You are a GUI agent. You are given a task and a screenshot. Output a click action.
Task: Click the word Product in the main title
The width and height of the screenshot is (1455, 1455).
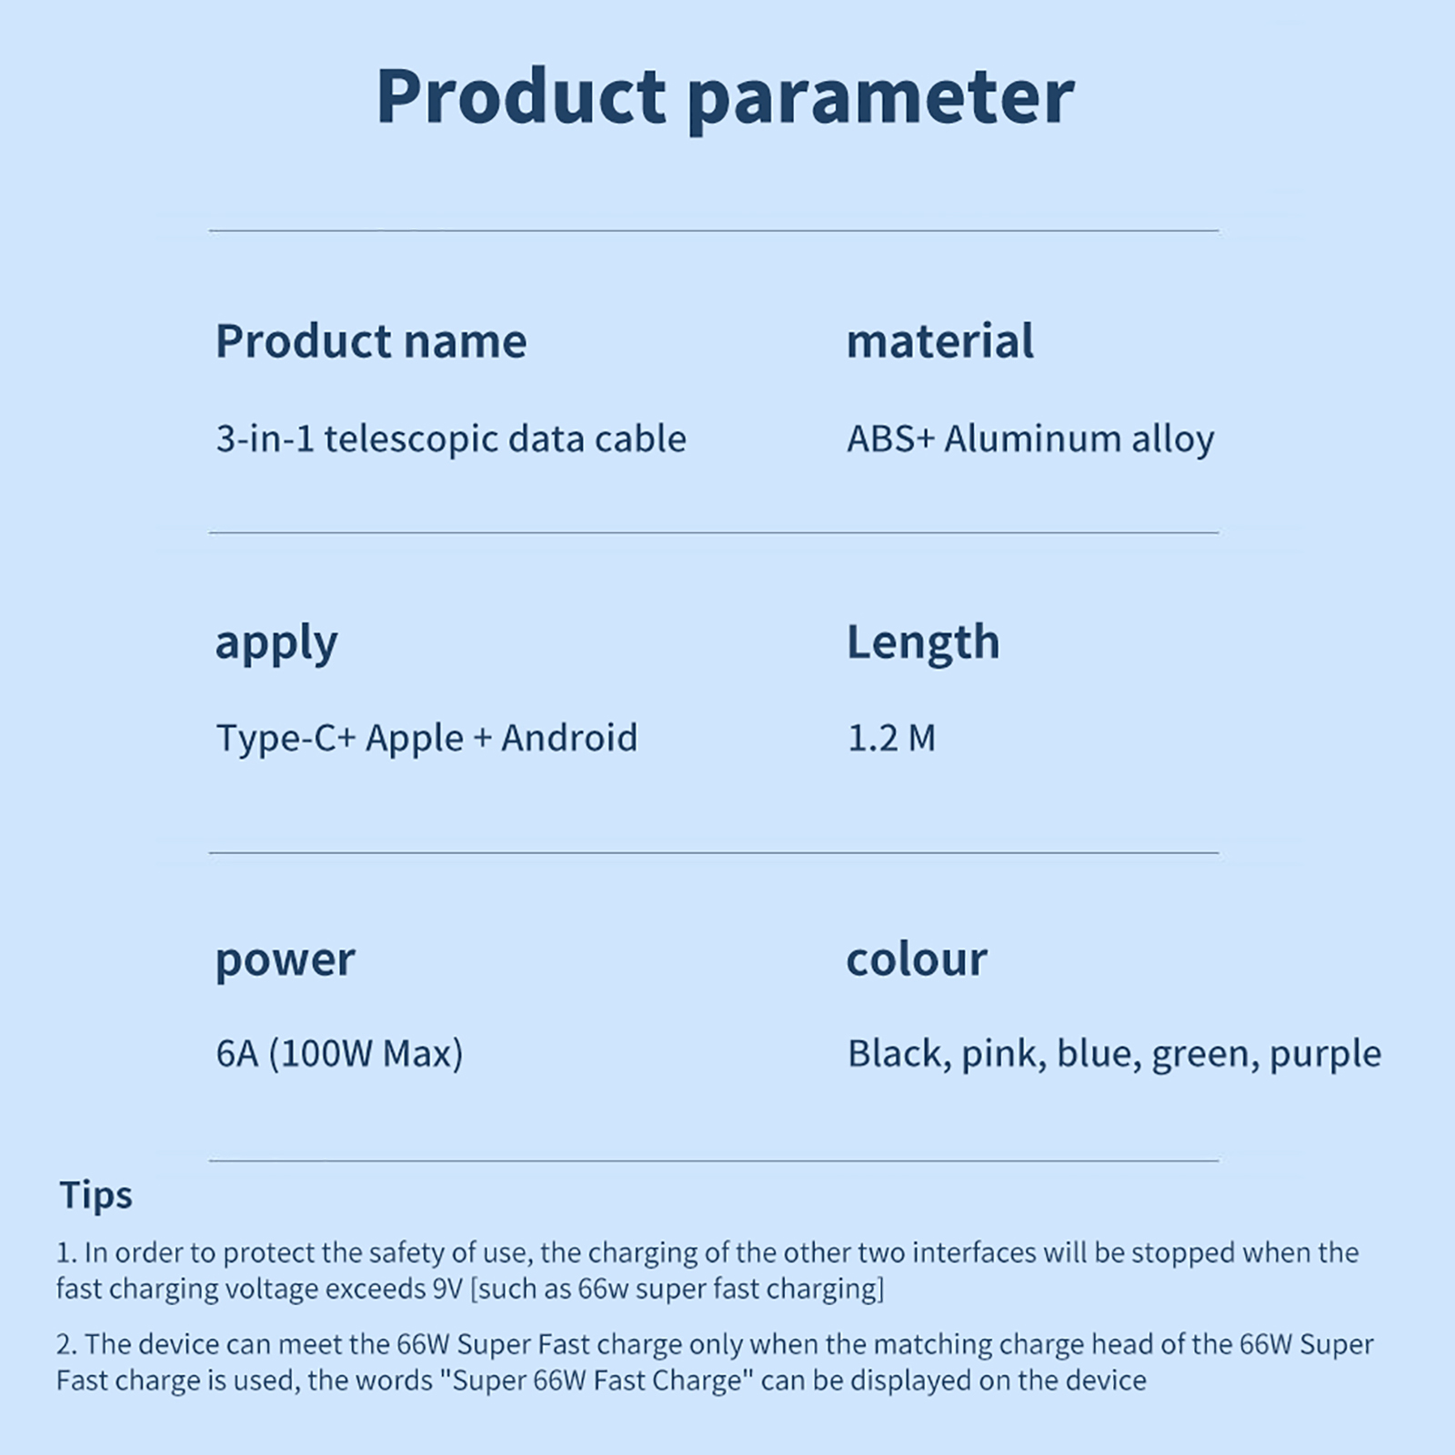(522, 95)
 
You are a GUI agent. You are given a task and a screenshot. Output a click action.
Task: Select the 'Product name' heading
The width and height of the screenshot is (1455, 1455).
(371, 341)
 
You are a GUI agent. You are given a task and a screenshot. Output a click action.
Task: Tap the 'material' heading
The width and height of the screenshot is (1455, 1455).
(939, 341)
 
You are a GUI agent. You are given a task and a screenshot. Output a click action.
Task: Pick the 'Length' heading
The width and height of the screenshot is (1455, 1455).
(923, 642)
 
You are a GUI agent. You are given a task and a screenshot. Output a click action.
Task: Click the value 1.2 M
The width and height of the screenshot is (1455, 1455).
(891, 738)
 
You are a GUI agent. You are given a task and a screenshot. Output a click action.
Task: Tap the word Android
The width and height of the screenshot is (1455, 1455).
(569, 738)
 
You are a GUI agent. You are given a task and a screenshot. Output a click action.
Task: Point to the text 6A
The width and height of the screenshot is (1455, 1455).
(237, 1054)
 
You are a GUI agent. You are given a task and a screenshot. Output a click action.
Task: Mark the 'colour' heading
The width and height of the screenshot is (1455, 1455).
(917, 959)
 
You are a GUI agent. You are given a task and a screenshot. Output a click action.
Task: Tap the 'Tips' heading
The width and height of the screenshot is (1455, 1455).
(95, 1196)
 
